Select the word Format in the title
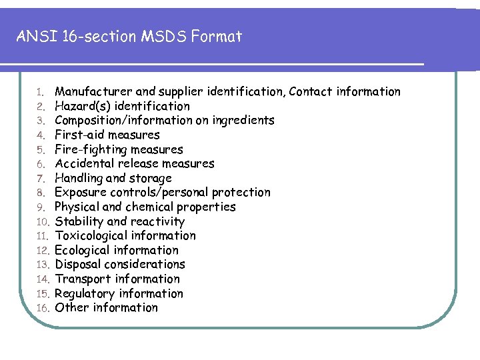coord(216,36)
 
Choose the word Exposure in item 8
coord(81,192)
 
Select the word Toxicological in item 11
coord(91,235)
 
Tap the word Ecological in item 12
coord(83,250)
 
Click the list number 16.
coord(43,308)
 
